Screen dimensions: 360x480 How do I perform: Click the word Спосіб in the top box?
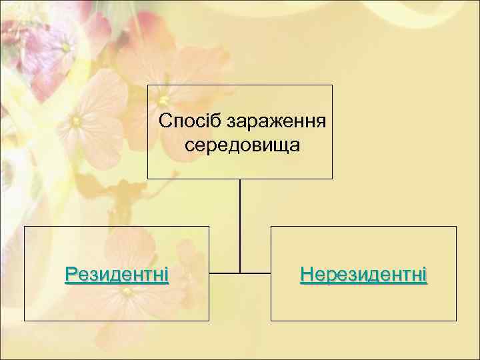191,122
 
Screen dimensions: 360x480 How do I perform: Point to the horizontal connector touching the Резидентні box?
224,273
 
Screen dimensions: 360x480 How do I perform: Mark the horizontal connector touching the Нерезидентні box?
256,273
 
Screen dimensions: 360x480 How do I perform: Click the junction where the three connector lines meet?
240,273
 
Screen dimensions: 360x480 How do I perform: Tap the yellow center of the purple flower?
66,47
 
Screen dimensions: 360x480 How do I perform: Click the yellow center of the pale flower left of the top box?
77,121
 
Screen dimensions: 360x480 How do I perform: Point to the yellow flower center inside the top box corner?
163,101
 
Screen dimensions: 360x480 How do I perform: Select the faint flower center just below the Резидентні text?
126,291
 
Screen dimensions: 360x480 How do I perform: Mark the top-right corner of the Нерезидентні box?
457,227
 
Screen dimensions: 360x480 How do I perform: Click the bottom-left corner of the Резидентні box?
25,321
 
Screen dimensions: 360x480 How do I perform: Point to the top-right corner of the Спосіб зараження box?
332,85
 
